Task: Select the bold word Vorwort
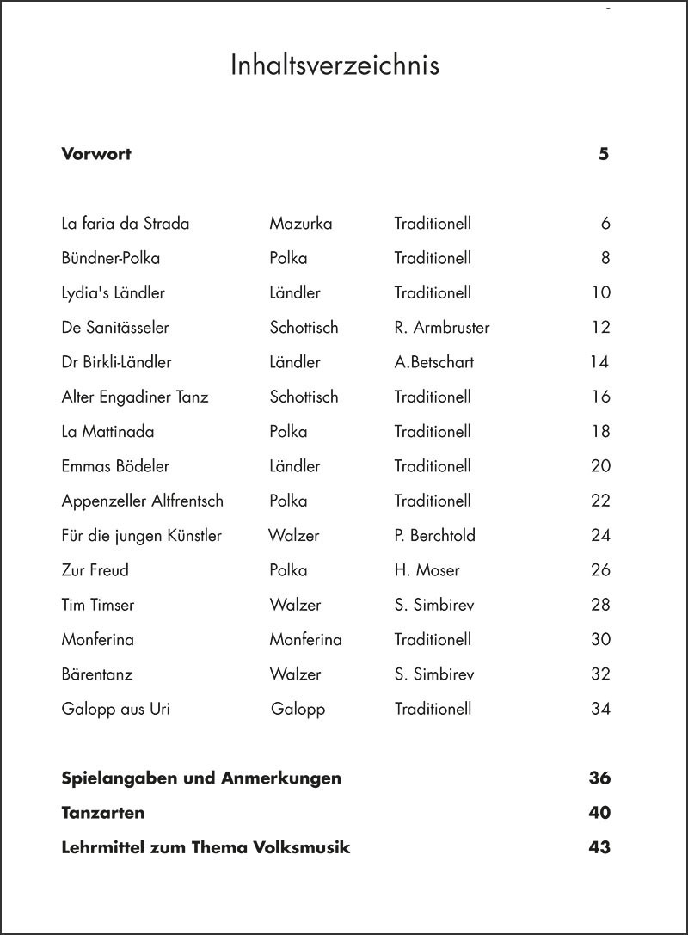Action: [96, 155]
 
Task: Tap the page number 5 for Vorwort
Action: [604, 155]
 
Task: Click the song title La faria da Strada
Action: [126, 224]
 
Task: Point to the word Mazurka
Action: [300, 224]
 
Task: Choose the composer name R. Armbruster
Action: [442, 328]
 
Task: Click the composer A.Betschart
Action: [433, 362]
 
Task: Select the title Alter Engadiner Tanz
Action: [135, 397]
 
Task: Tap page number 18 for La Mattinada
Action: [600, 432]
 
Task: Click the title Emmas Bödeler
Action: [115, 466]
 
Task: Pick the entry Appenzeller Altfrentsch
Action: [143, 501]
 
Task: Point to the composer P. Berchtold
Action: [434, 536]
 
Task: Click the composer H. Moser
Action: [427, 570]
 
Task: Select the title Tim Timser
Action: [98, 605]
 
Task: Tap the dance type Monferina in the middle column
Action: [305, 640]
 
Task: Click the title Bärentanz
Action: [97, 674]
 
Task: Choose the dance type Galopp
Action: [298, 710]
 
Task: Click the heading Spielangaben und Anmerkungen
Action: [201, 778]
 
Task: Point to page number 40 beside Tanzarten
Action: [599, 813]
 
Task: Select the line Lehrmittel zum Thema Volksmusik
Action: [206, 848]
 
